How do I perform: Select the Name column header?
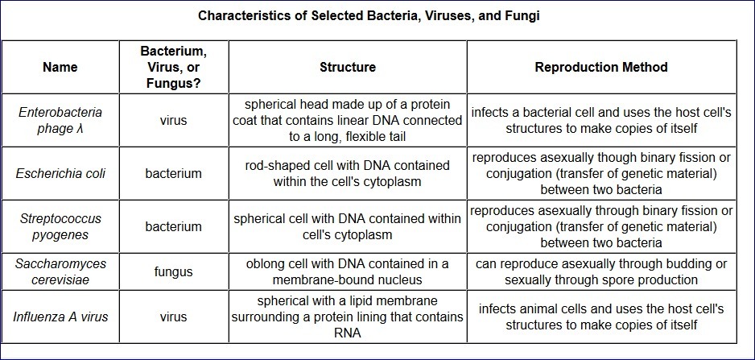60,67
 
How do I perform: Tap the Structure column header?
347,67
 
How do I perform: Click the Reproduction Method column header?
601,67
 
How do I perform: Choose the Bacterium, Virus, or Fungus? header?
173,67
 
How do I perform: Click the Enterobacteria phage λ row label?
60,120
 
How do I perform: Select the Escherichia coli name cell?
60,173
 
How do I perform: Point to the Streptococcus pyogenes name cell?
60,226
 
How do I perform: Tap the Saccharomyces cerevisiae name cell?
60,271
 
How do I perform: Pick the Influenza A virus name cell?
60,317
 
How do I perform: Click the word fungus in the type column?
173,271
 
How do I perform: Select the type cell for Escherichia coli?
173,173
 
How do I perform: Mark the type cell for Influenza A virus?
173,317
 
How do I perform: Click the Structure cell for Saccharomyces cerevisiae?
347,271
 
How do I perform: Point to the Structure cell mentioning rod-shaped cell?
347,173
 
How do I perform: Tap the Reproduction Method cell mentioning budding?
601,271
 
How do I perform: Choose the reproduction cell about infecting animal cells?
601,317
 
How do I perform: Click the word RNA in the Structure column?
347,332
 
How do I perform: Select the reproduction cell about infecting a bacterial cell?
601,120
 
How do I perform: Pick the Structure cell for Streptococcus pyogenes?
347,226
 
